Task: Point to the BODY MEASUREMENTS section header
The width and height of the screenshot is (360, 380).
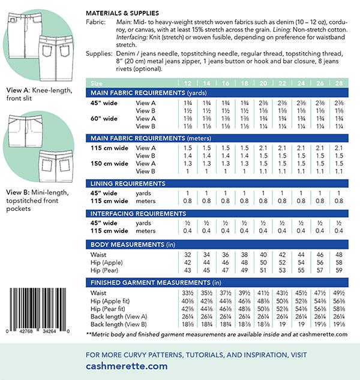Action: (133, 245)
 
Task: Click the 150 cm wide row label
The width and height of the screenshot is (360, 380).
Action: (108, 163)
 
